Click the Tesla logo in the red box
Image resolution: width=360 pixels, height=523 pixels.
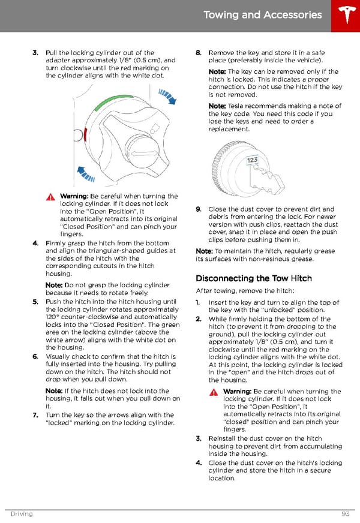tap(345, 15)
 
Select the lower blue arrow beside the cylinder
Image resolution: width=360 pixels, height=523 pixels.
tap(88, 174)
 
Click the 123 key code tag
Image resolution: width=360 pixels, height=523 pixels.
tap(252, 160)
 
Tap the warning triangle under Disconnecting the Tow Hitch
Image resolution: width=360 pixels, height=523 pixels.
tap(215, 392)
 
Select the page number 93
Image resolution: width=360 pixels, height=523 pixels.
tap(346, 514)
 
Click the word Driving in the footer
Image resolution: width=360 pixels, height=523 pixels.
tap(21, 514)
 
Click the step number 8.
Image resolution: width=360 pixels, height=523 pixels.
tap(198, 53)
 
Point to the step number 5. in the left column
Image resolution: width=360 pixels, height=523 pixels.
tap(35, 302)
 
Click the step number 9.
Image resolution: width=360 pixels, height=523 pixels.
tap(198, 209)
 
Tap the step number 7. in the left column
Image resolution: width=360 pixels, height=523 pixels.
tap(35, 414)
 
